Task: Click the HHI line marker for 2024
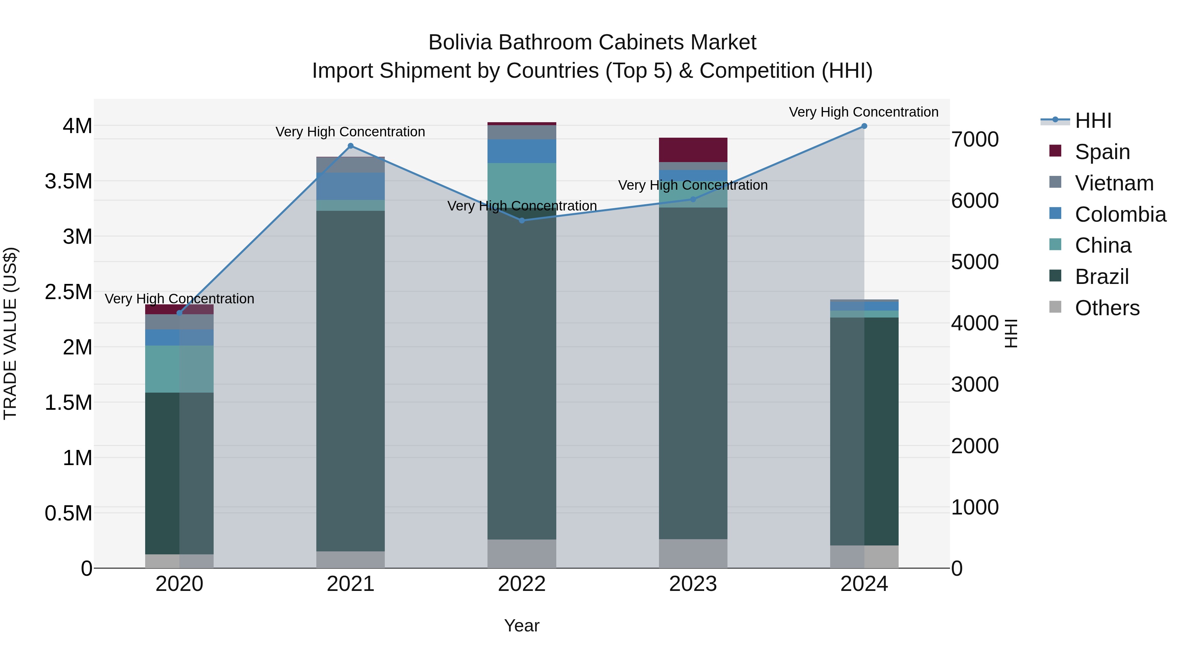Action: (864, 126)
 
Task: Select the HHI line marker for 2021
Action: (351, 146)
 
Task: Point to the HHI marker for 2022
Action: (522, 220)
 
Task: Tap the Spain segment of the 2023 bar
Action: (693, 150)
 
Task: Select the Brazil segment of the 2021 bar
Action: (351, 381)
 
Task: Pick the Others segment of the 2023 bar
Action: (693, 553)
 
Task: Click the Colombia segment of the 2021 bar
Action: (351, 186)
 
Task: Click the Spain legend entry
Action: (1102, 152)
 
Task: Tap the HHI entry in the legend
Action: (1093, 121)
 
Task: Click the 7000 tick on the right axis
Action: (975, 139)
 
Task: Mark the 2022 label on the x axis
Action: (522, 584)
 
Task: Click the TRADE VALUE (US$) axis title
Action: (10, 333)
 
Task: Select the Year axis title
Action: (522, 625)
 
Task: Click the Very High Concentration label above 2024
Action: (863, 112)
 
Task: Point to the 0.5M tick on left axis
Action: (68, 513)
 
